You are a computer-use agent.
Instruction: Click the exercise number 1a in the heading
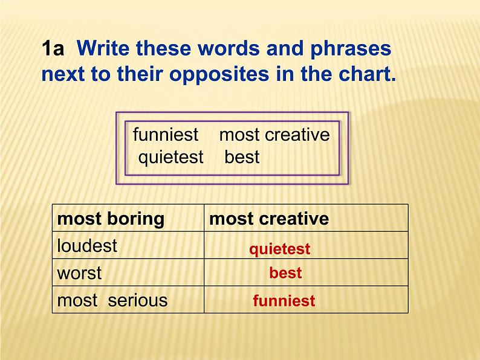pyautogui.click(x=53, y=49)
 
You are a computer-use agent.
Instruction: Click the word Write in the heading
pyautogui.click(x=104, y=48)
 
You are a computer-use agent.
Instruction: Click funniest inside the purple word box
pyautogui.click(x=166, y=134)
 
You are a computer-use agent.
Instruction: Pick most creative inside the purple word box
pyautogui.click(x=274, y=134)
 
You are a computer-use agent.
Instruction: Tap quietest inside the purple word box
pyautogui.click(x=171, y=157)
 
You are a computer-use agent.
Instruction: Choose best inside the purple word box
pyautogui.click(x=242, y=157)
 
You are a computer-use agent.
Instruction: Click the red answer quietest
pyautogui.click(x=280, y=249)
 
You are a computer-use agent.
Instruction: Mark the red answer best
pyautogui.click(x=285, y=273)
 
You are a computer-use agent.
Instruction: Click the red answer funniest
pyautogui.click(x=284, y=301)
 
